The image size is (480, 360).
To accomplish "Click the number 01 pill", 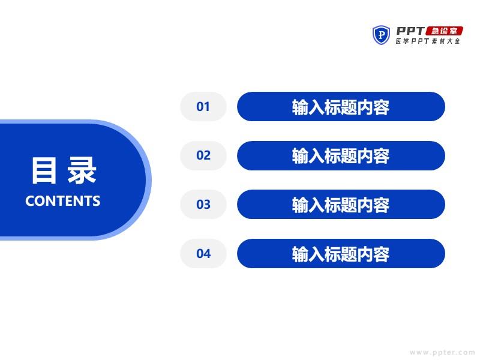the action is click(203, 107).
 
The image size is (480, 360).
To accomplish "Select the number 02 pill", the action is click(203, 155).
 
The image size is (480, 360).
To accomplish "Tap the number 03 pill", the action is click(203, 204).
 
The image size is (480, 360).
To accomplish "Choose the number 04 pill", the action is click(203, 253).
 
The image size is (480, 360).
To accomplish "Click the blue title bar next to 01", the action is click(341, 107).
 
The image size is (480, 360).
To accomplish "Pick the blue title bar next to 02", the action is click(341, 155).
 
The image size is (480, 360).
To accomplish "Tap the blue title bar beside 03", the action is click(341, 204).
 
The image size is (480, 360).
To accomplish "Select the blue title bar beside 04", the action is click(341, 253).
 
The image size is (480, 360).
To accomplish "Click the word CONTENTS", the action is click(63, 201).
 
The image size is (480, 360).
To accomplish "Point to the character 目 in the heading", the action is click(44, 170).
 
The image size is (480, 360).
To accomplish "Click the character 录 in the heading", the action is click(82, 170).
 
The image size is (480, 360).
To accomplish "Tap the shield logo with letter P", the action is click(381, 35).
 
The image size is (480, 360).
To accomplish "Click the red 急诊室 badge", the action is click(445, 31).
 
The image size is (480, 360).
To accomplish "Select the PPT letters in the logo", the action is click(410, 31).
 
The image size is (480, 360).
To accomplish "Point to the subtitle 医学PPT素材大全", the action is click(428, 41).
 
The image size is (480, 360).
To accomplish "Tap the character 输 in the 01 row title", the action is click(300, 107).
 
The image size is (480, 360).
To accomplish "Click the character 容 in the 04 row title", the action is click(382, 254).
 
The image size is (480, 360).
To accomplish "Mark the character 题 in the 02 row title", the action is click(349, 156).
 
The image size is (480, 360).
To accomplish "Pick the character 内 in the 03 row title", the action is click(365, 205).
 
